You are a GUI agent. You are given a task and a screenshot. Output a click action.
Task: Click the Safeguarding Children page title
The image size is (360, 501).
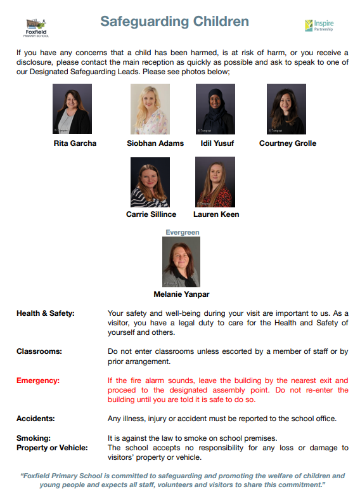(x=174, y=22)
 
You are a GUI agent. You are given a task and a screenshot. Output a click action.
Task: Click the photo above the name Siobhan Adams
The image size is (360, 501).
(x=150, y=109)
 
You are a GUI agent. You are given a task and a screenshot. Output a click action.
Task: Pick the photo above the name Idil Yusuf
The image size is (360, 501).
(x=215, y=109)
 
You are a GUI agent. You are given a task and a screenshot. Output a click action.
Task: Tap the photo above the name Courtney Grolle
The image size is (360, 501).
(x=286, y=109)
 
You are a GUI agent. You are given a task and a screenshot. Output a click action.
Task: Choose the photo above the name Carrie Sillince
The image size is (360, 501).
(x=150, y=182)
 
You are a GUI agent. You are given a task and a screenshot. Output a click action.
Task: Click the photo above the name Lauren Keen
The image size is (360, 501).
(x=215, y=182)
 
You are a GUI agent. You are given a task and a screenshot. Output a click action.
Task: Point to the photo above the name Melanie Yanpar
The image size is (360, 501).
(x=181, y=261)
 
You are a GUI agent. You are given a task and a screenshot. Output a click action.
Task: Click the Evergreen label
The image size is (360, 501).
(x=183, y=233)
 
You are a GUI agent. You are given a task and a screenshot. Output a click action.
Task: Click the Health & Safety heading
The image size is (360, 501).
(x=46, y=313)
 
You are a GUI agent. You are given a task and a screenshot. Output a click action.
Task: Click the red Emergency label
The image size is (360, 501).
(x=39, y=381)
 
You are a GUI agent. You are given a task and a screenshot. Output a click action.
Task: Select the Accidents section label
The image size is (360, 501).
(x=36, y=418)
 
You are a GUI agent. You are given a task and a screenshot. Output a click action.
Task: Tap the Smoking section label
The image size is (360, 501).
(x=33, y=438)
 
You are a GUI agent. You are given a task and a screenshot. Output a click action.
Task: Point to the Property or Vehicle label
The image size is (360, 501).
(x=52, y=448)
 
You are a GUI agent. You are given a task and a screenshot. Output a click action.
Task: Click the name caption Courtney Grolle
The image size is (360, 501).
(x=288, y=143)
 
